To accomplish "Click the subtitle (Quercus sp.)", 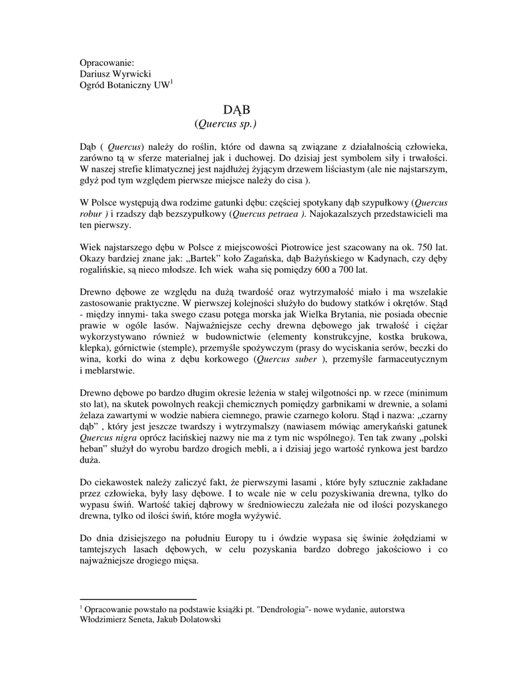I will click(x=226, y=124).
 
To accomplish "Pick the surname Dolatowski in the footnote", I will click(x=197, y=619).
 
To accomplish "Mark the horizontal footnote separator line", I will click(x=138, y=598).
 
